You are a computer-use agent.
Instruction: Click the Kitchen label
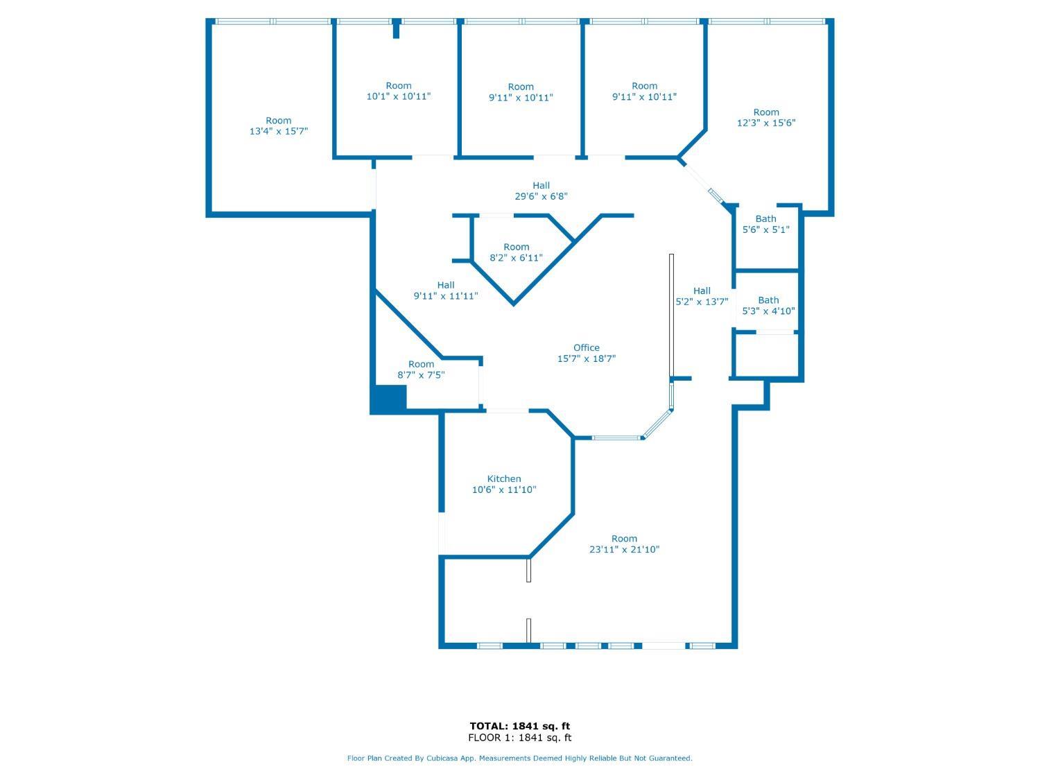(x=503, y=479)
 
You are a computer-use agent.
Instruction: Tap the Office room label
(x=586, y=347)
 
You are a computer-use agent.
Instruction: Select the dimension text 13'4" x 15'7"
(x=279, y=131)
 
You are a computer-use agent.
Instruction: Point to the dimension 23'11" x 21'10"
(x=624, y=549)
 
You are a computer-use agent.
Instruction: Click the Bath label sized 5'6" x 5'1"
(x=765, y=219)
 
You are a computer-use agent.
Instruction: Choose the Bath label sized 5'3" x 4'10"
(x=768, y=300)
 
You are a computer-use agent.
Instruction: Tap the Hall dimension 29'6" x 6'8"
(x=541, y=196)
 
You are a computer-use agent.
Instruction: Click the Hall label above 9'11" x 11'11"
(x=445, y=285)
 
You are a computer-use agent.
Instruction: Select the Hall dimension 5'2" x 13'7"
(x=702, y=302)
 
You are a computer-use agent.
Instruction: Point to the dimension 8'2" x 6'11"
(x=516, y=258)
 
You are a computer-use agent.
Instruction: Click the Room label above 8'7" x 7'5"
(x=421, y=364)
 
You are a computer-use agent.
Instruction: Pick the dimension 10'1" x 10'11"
(x=399, y=96)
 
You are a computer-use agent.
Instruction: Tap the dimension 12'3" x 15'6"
(x=766, y=123)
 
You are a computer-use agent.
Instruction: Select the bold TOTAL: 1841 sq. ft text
(x=520, y=726)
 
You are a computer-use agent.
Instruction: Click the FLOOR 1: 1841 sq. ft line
(x=520, y=738)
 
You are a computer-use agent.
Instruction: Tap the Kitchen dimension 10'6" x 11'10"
(x=503, y=489)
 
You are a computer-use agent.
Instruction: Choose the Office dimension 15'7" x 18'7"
(x=586, y=358)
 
